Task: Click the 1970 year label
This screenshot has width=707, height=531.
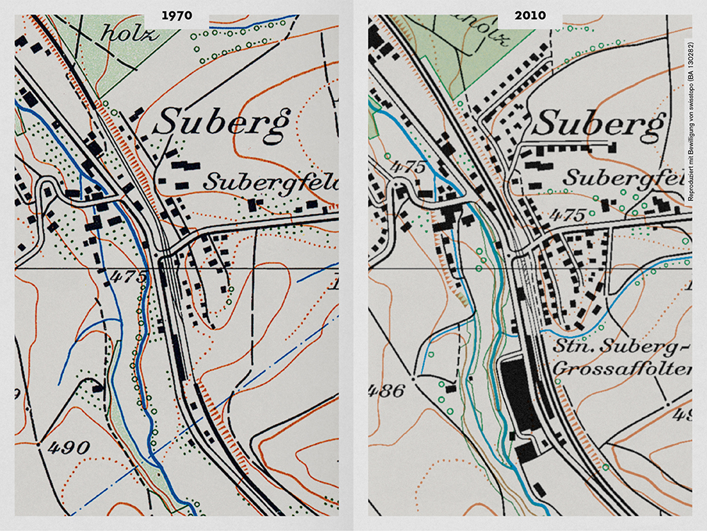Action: point(176,15)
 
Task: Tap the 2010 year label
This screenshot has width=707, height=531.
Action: point(530,15)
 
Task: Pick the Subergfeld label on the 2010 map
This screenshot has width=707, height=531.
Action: point(626,177)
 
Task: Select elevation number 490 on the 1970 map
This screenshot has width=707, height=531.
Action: point(69,447)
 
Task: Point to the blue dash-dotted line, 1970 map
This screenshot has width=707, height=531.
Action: point(212,411)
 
